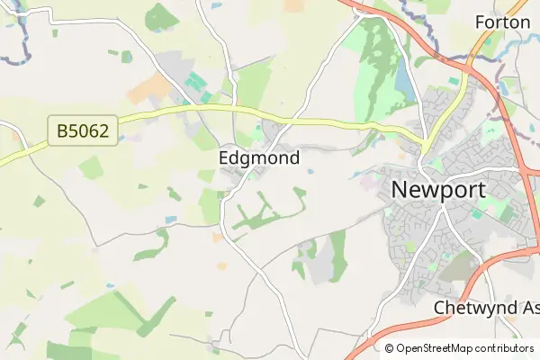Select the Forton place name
[501, 22]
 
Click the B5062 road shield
[82, 132]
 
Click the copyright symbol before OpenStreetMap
[390, 348]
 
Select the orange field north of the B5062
[149, 88]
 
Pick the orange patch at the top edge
[294, 5]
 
